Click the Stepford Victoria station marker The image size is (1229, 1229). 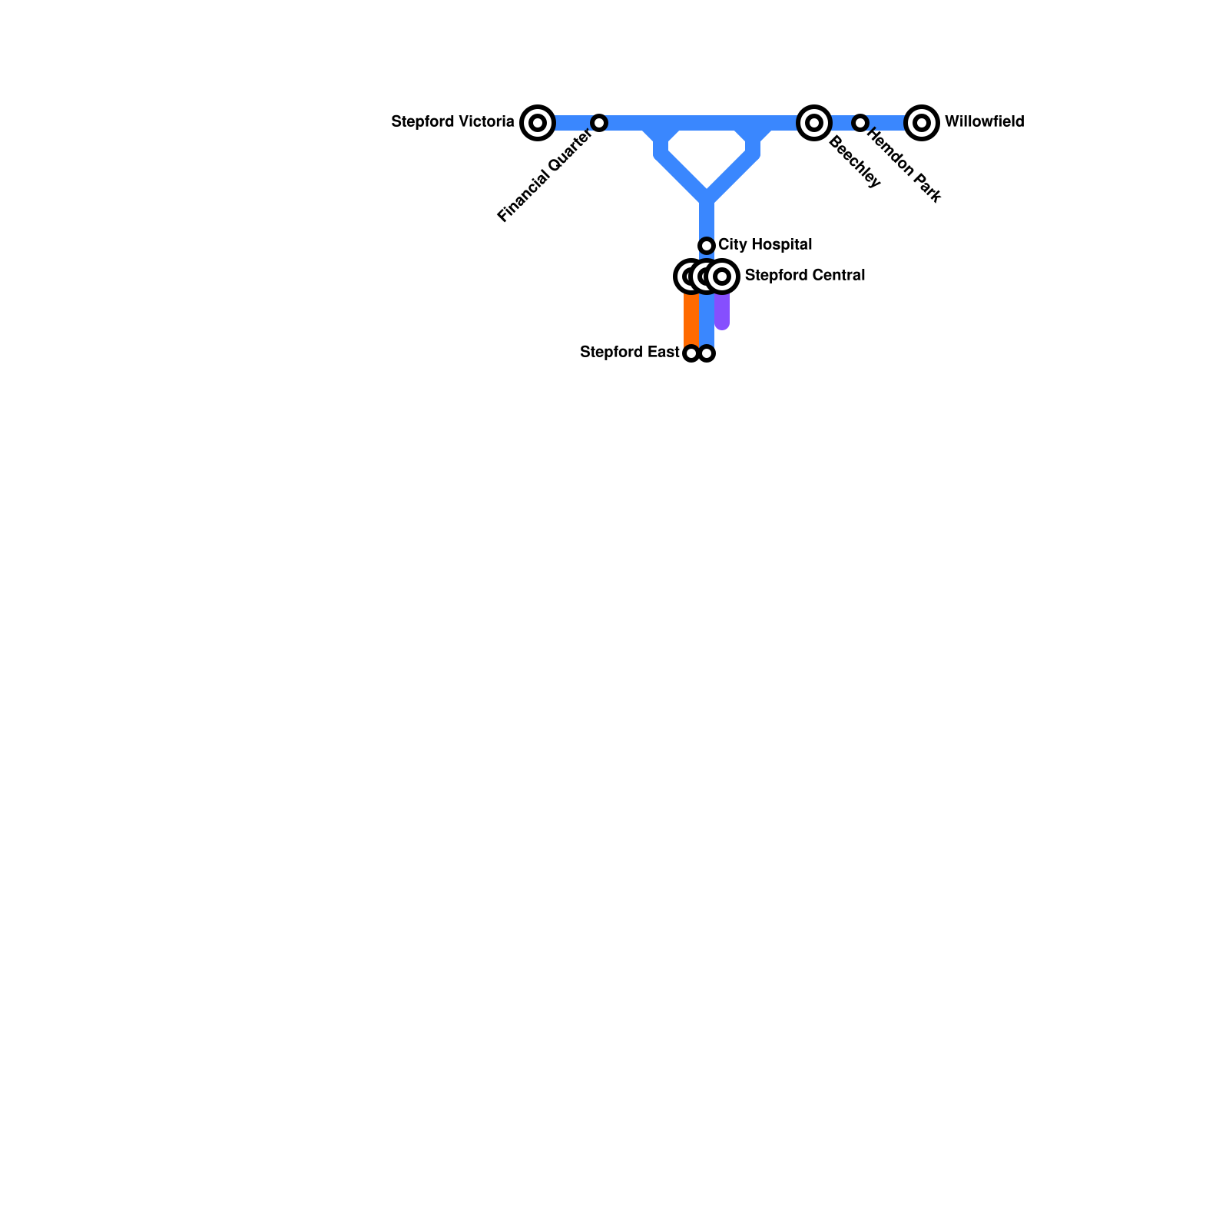538,123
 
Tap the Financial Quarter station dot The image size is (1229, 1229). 599,123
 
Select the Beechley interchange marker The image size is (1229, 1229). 814,123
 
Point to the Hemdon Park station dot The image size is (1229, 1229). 860,123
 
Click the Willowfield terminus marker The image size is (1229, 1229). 922,123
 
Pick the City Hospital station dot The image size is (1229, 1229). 707,246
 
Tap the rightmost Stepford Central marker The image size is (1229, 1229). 722,277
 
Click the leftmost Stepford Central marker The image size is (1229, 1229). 689,277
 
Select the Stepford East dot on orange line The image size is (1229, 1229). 691,353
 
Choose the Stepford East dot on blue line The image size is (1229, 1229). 707,353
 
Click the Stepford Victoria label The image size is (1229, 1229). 452,122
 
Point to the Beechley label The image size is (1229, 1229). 855,162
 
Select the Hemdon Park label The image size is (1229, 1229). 904,166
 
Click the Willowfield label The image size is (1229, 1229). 984,122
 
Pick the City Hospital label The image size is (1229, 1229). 765,245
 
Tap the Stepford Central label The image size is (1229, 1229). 805,276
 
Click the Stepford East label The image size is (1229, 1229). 629,353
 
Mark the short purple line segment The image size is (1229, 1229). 722,311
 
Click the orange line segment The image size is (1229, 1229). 691,319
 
